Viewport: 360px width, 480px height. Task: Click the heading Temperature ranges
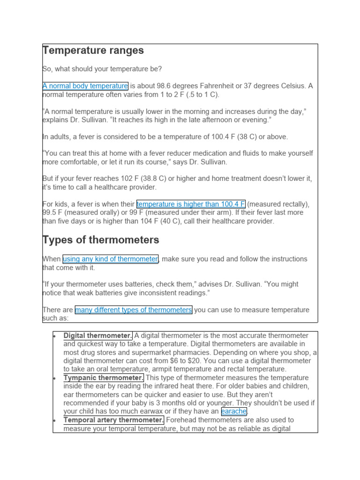coord(93,51)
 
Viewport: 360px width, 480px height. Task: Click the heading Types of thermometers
coord(101,240)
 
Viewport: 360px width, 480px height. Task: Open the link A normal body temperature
coord(85,86)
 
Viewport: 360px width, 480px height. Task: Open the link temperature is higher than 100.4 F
coord(191,204)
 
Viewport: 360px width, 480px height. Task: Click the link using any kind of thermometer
coord(110,259)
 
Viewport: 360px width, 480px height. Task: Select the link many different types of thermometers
coord(134,310)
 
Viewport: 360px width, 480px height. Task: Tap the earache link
coord(234,412)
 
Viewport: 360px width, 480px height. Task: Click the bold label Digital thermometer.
coord(98,336)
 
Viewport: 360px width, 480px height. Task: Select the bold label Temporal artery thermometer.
coord(114,420)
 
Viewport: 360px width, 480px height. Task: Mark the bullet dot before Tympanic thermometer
coord(55,378)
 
